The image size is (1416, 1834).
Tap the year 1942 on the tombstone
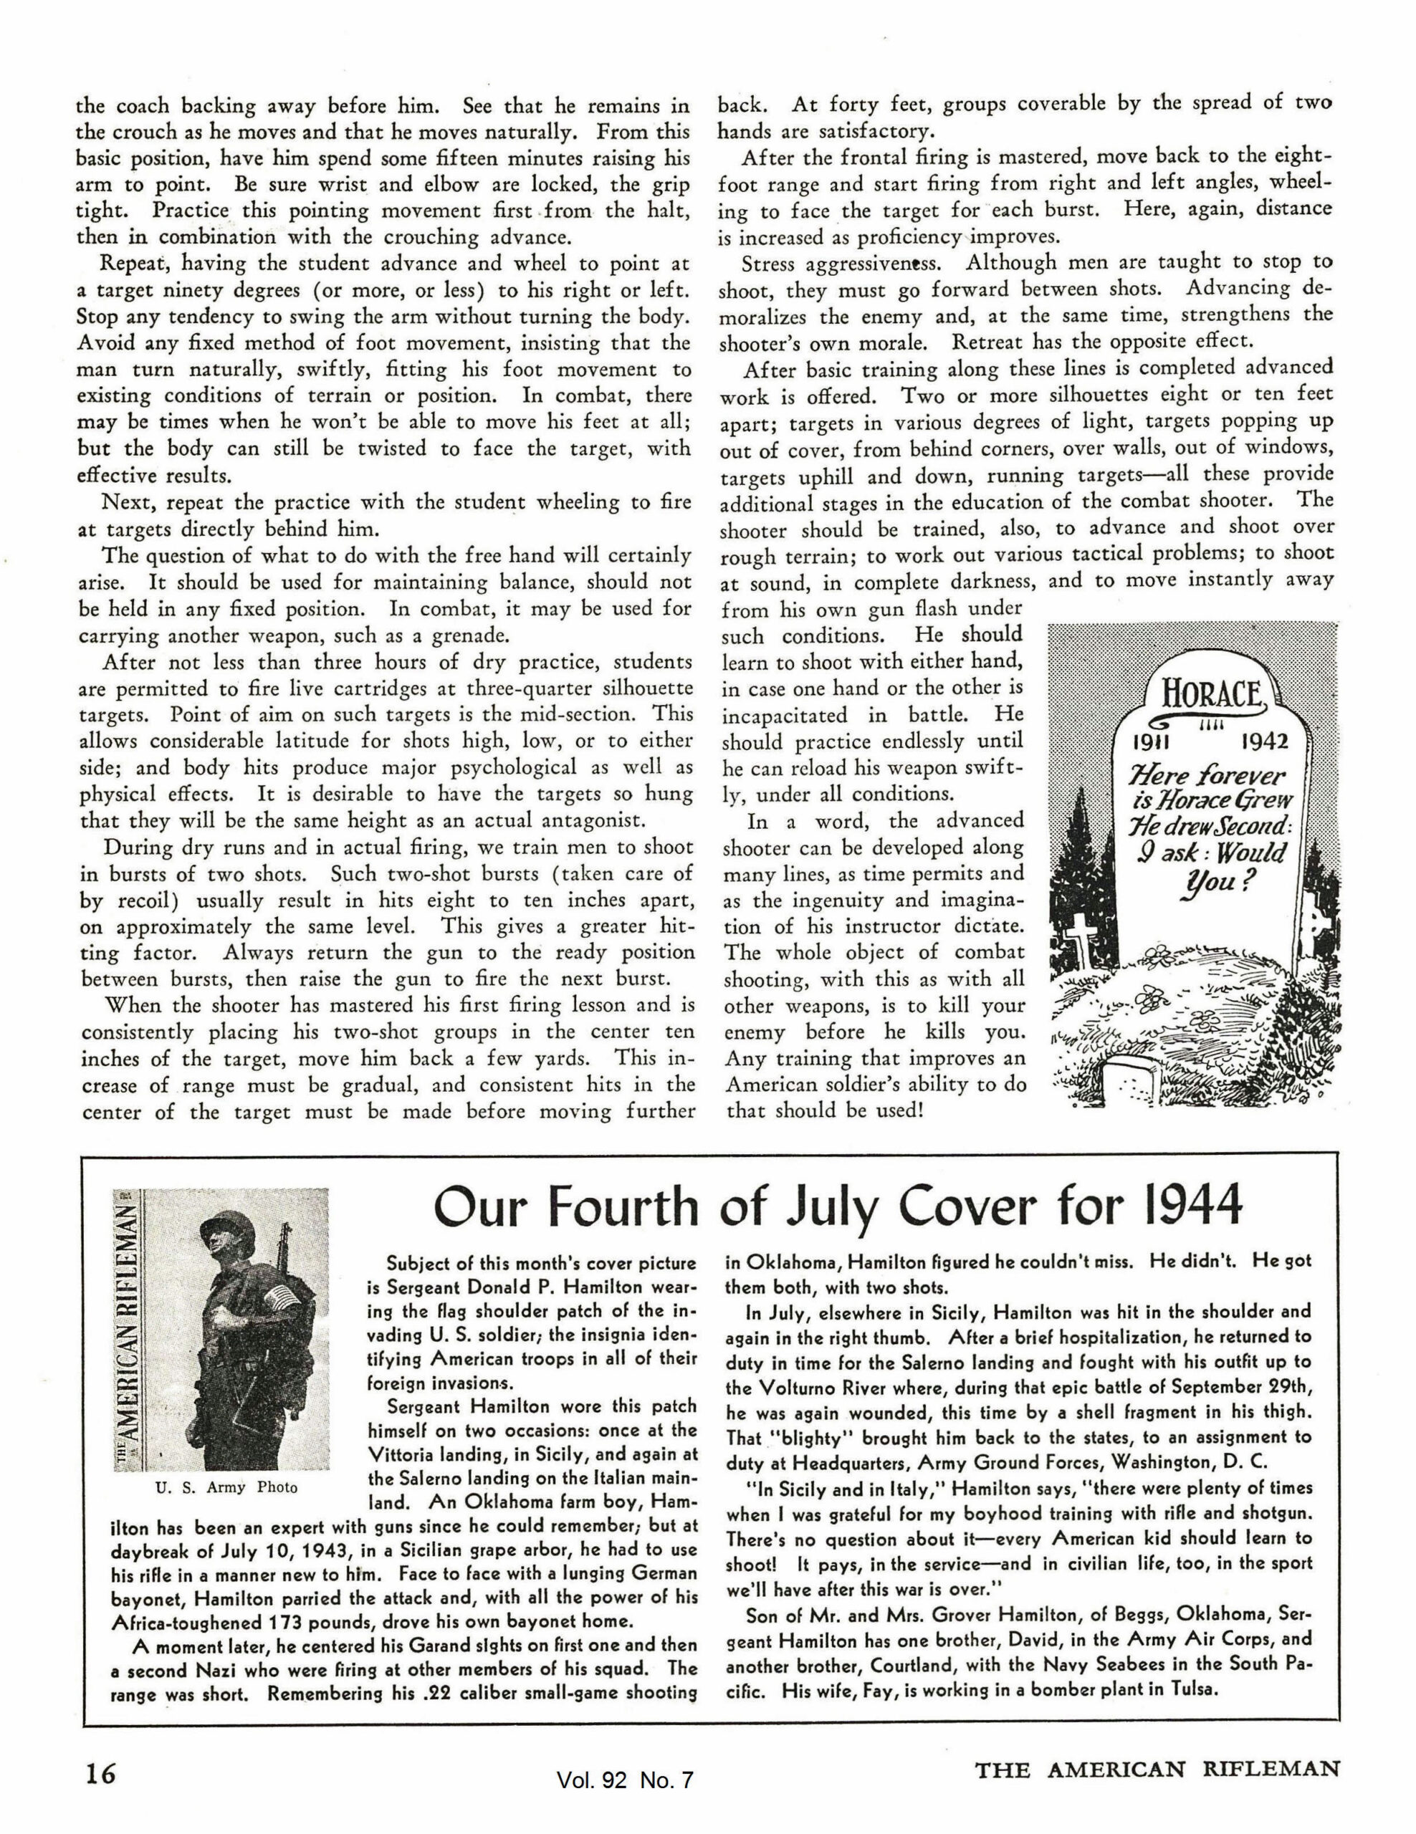1263,742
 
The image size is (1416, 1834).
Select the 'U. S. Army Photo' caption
226,1487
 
